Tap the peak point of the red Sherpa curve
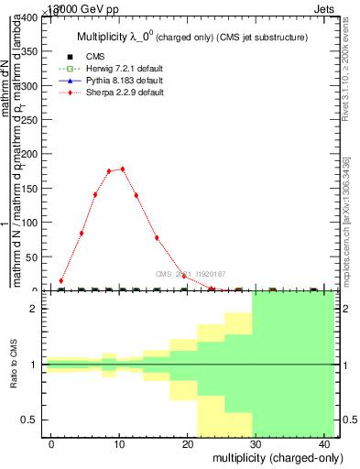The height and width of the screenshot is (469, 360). [x=122, y=169]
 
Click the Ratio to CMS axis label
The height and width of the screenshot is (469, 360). [x=15, y=365]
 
